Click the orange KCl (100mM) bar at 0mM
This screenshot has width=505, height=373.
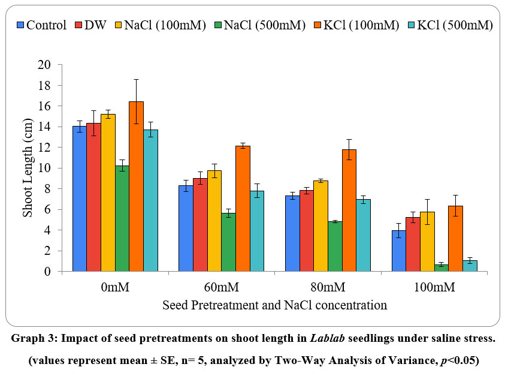(x=136, y=186)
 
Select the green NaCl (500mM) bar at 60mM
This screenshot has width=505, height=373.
(x=228, y=242)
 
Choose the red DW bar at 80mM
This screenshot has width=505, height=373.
(x=307, y=231)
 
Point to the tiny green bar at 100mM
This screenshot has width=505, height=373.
(x=442, y=268)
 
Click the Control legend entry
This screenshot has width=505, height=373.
(x=41, y=25)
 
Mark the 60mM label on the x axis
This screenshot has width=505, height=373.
(x=221, y=287)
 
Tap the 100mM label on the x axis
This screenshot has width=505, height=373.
(x=434, y=287)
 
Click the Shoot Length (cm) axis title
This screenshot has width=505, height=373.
(x=28, y=168)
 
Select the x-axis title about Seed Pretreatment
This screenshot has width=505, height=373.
(x=274, y=305)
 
